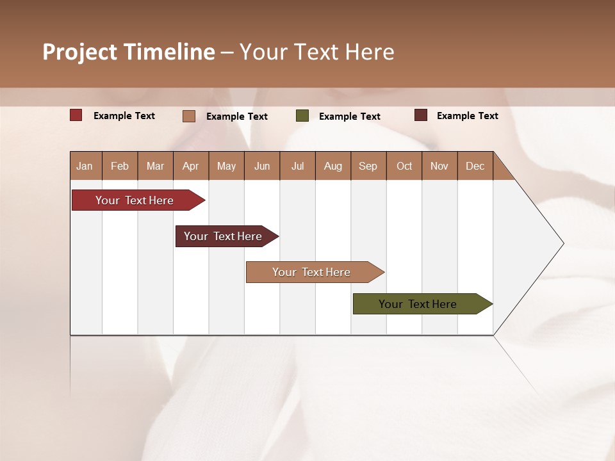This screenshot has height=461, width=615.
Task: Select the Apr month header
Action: pyautogui.click(x=191, y=166)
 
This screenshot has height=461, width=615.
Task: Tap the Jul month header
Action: pyautogui.click(x=297, y=166)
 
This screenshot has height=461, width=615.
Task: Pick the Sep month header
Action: pyautogui.click(x=368, y=166)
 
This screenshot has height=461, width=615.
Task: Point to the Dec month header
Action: pyautogui.click(x=475, y=166)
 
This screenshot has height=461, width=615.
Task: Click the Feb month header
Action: pyautogui.click(x=120, y=166)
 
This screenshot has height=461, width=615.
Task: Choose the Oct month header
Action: pyautogui.click(x=404, y=166)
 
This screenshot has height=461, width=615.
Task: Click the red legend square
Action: pyautogui.click(x=76, y=115)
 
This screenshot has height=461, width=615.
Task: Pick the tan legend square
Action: pyautogui.click(x=189, y=116)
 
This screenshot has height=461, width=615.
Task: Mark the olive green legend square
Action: pyautogui.click(x=302, y=116)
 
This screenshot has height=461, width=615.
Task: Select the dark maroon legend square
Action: pyautogui.click(x=421, y=115)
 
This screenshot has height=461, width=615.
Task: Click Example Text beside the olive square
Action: pyautogui.click(x=350, y=117)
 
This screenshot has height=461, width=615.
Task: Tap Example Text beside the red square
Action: pyautogui.click(x=124, y=116)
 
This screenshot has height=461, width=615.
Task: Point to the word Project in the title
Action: pyautogui.click(x=79, y=52)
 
